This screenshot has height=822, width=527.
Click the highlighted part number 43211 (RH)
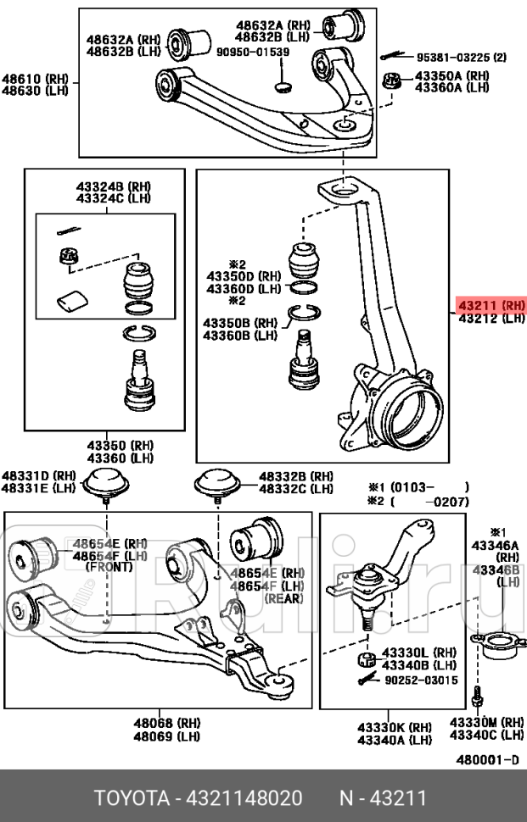[491, 305]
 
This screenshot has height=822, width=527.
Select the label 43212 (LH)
[491, 319]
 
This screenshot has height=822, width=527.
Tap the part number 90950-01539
[253, 52]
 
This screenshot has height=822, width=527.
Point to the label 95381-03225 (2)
[461, 58]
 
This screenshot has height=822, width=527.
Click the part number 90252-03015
[420, 680]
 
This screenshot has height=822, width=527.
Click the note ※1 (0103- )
[418, 487]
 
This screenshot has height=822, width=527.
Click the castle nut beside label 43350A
[393, 82]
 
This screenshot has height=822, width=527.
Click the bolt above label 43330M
[477, 700]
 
